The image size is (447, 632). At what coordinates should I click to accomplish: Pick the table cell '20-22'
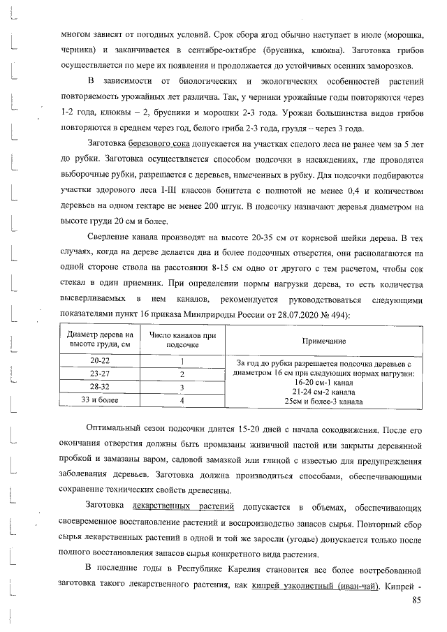tap(96, 362)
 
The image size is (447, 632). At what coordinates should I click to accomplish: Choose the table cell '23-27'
tap(96, 374)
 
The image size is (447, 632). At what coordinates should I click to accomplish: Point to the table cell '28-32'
tap(96, 388)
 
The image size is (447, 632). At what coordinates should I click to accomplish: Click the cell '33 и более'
tap(96, 401)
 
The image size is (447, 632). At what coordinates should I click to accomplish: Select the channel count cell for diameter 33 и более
tap(182, 401)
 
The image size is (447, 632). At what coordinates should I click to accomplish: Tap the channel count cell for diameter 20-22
tap(182, 362)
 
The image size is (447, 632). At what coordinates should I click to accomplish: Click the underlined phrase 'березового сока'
tap(159, 142)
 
